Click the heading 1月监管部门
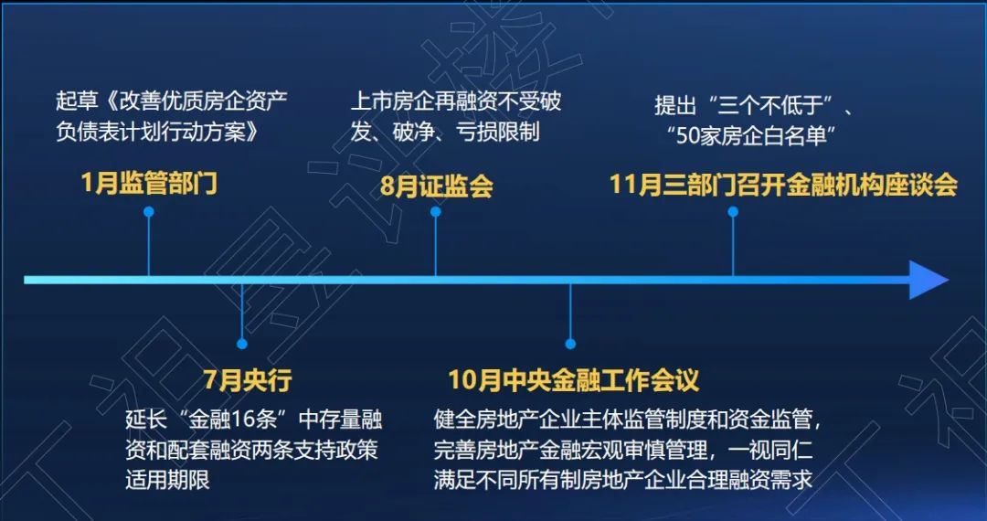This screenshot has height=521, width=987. [x=149, y=184]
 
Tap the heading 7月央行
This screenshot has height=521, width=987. [x=248, y=380]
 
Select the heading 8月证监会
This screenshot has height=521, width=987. [x=436, y=186]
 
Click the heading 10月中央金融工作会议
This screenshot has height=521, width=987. [x=573, y=380]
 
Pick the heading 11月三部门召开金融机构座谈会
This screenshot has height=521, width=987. [x=784, y=185]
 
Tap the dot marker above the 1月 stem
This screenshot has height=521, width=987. [x=149, y=212]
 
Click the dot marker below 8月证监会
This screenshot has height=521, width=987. [x=436, y=212]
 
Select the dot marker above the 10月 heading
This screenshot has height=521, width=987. [x=570, y=344]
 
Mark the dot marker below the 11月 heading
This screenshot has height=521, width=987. [x=733, y=212]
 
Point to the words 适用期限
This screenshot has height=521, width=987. [x=167, y=481]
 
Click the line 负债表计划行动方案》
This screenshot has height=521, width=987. [x=157, y=133]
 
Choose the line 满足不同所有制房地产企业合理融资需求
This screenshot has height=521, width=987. [x=623, y=480]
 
